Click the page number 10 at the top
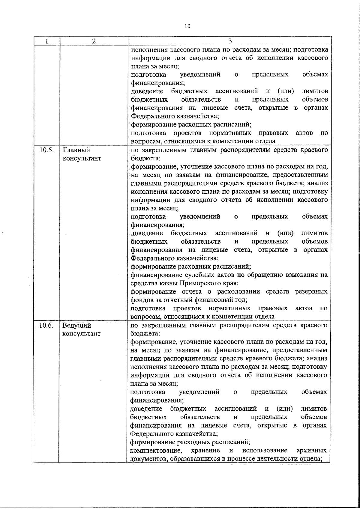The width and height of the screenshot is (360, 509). point(187,26)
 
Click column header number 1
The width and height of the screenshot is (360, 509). point(47,41)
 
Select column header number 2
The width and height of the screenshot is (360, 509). point(94,41)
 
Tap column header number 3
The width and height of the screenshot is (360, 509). point(230,41)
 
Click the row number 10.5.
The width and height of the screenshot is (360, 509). point(46,150)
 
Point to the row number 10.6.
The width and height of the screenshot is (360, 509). point(46,325)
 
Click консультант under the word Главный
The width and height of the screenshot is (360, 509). point(82,158)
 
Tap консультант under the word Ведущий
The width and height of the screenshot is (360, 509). point(81,334)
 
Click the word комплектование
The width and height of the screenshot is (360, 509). point(156,451)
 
